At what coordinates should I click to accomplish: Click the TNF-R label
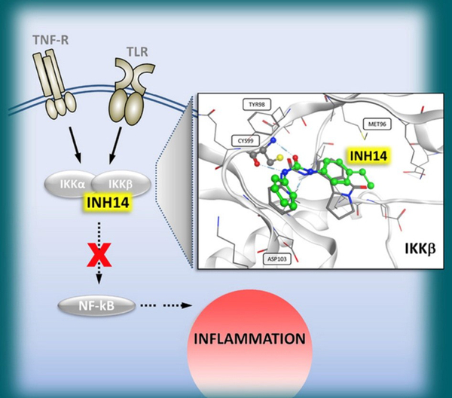click(x=46, y=35)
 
